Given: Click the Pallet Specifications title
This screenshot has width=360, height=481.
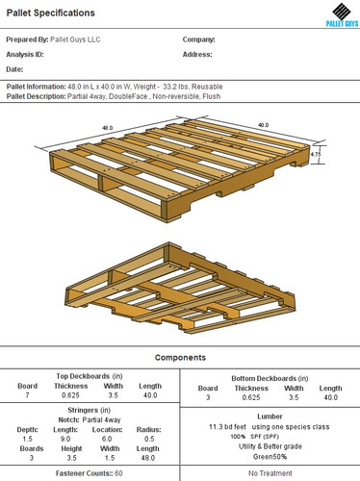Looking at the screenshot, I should click(x=51, y=13).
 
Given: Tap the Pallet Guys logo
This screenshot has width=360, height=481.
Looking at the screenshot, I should click(x=337, y=15).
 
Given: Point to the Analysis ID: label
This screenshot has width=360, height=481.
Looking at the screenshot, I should click(x=26, y=55).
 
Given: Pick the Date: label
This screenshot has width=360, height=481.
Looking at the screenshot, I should click(x=14, y=69).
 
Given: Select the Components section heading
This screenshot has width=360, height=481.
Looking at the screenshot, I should click(x=180, y=357).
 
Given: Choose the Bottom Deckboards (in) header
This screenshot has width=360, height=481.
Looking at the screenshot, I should click(x=270, y=377).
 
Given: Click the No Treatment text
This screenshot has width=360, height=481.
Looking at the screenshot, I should click(x=270, y=473).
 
